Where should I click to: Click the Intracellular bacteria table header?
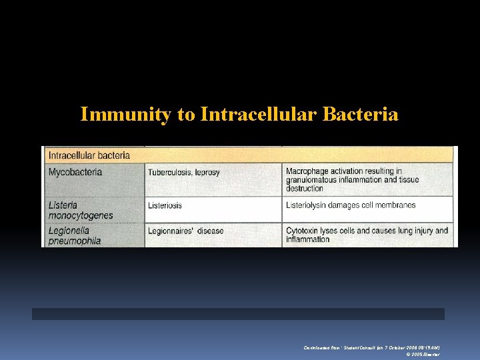point(89,155)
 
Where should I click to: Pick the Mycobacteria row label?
point(75,172)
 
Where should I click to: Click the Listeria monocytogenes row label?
point(81,210)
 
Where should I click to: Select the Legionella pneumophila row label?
point(75,235)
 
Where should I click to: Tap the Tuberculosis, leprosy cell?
point(184,172)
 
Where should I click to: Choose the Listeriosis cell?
point(165,205)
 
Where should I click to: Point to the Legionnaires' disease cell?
point(186,231)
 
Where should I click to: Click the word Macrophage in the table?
point(311,171)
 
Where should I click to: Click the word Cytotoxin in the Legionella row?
point(305,231)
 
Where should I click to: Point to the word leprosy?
point(207,172)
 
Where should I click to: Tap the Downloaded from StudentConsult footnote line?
point(371,348)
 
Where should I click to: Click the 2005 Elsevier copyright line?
point(423,355)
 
